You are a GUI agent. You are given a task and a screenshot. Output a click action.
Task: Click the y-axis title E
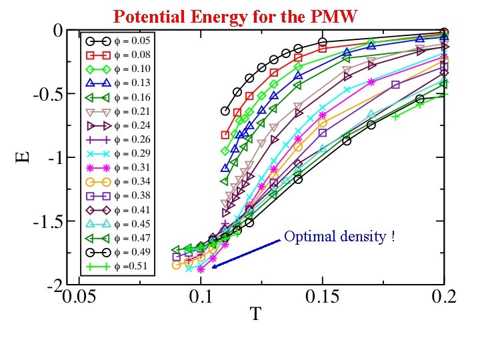coord(23,157)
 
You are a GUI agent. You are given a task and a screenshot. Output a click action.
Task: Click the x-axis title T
coord(255,312)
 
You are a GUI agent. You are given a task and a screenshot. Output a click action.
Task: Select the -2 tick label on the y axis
coord(53,286)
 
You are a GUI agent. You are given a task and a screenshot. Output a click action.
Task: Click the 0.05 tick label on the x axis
coord(86,297)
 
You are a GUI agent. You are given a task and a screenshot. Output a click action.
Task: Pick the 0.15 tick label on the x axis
coord(323,297)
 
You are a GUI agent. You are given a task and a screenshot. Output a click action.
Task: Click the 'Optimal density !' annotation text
coord(339,237)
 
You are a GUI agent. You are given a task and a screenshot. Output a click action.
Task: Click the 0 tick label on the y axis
coord(58,31)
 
